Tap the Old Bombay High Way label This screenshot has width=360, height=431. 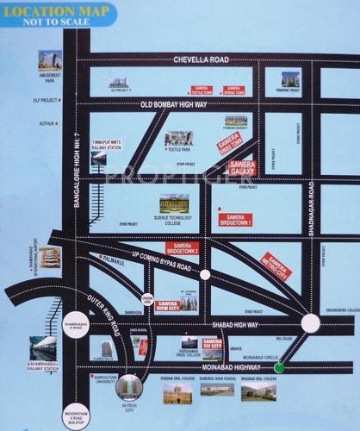coord(174,104)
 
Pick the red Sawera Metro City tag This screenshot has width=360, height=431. coord(276,266)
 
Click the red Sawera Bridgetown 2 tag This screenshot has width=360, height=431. coord(183,248)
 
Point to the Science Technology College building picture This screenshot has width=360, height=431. coord(173,203)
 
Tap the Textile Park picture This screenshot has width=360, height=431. coord(179,138)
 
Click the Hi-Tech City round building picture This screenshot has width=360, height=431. coord(129,386)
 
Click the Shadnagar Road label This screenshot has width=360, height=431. coord(312,203)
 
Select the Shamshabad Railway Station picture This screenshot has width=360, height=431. coord(43,347)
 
